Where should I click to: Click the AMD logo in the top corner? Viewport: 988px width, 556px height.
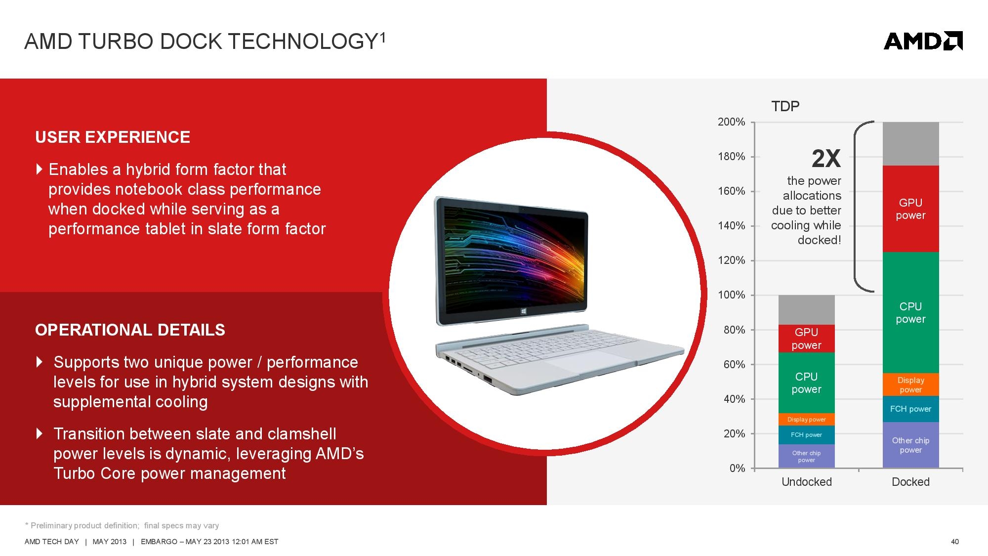[923, 41]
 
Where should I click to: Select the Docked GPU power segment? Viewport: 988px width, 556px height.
[910, 209]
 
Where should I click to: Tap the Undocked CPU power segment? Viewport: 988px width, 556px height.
[806, 383]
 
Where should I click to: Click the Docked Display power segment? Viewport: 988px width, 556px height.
[910, 385]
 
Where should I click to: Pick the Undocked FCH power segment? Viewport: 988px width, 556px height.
[806, 435]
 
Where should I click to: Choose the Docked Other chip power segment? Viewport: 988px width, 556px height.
[910, 445]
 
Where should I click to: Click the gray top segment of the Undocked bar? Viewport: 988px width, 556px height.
[806, 310]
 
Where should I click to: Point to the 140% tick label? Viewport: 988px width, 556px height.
[731, 226]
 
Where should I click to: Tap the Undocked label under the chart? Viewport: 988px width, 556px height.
[806, 482]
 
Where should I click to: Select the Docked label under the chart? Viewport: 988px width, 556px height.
[910, 482]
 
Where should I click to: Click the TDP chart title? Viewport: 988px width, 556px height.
[785, 106]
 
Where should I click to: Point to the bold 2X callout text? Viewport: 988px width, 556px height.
[826, 159]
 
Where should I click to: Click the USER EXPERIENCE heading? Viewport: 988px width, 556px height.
[113, 137]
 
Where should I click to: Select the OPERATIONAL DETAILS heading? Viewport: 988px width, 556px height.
[130, 330]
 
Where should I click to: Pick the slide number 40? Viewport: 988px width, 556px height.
[955, 542]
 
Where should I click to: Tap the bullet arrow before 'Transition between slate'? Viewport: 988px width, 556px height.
[40, 433]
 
